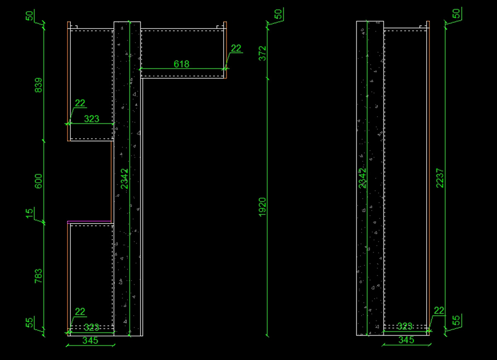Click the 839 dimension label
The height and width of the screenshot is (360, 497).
click(39, 85)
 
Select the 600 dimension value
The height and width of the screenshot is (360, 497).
click(39, 181)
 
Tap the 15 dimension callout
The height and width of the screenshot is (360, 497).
click(29, 214)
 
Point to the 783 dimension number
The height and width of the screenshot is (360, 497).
click(39, 276)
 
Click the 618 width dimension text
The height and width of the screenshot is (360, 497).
click(181, 64)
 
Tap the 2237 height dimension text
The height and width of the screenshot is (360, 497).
click(440, 178)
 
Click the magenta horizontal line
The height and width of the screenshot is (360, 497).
click(89, 221)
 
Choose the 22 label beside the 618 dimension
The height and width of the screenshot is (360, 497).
click(236, 48)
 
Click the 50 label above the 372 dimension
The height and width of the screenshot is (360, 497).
click(278, 14)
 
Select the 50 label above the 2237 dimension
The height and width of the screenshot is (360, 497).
click(456, 14)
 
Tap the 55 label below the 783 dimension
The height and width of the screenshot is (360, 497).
click(29, 322)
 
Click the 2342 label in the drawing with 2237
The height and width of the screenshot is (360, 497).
click(363, 178)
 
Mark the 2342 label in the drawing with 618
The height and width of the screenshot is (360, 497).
click(124, 179)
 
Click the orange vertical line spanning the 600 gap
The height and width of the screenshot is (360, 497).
click(111, 181)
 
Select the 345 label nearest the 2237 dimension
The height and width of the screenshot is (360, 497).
click(406, 340)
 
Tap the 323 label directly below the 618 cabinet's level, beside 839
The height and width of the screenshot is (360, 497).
click(92, 119)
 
